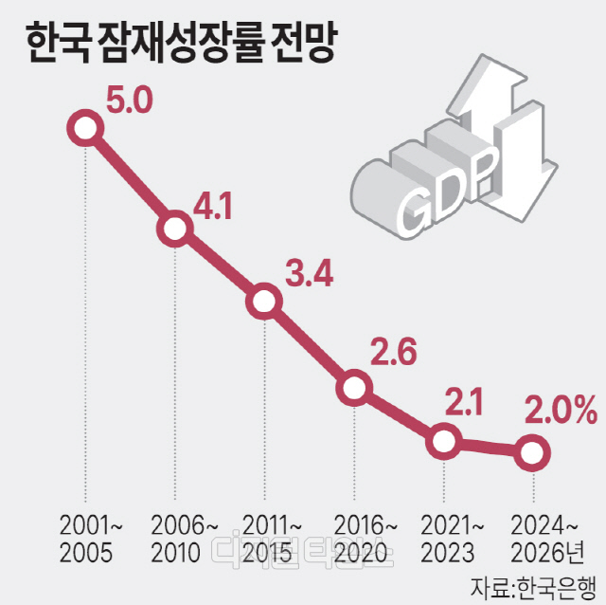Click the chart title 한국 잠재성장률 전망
(x=179, y=46)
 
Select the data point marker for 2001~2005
(x=85, y=128)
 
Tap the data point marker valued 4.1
(x=174, y=228)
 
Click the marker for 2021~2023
(x=443, y=441)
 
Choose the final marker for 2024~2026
(x=532, y=451)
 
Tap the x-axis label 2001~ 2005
(x=86, y=537)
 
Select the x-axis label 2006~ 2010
(x=175, y=537)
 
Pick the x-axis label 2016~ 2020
(x=355, y=537)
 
